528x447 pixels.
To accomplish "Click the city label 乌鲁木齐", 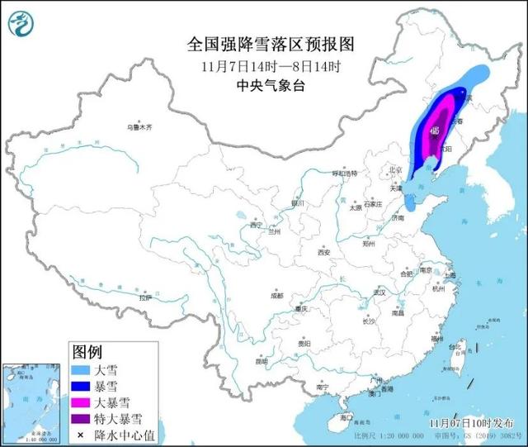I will tap(139, 127).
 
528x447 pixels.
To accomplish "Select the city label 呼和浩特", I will tap(344, 174).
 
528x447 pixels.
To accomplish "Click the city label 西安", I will tap(323, 252).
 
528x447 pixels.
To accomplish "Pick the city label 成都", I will tap(275, 295).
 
